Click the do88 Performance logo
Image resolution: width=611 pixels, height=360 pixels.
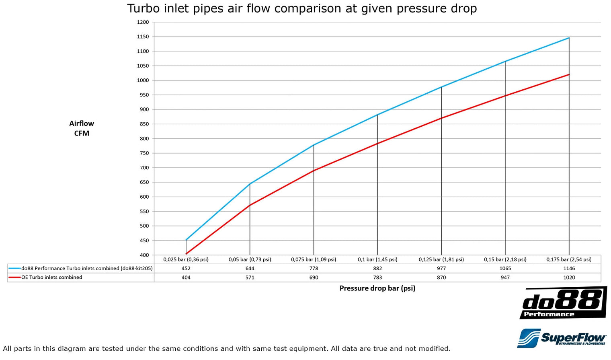(563, 302)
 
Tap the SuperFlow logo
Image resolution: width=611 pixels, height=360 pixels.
(562, 338)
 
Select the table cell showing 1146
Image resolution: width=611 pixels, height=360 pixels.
(569, 268)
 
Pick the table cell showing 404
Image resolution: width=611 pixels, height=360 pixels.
(186, 278)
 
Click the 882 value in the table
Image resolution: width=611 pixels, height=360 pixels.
(377, 268)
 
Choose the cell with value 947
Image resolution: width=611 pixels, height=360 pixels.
(505, 278)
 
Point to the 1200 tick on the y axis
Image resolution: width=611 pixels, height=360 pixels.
(143, 22)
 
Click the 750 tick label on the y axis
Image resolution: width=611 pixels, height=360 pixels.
(144, 153)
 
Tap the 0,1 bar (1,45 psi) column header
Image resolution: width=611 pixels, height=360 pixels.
(377, 259)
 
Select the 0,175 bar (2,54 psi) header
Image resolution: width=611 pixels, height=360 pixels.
(569, 259)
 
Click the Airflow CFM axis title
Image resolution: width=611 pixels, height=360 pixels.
(82, 128)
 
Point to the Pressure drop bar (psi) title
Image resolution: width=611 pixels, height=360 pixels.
(377, 288)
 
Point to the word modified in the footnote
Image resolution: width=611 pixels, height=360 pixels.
(435, 349)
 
